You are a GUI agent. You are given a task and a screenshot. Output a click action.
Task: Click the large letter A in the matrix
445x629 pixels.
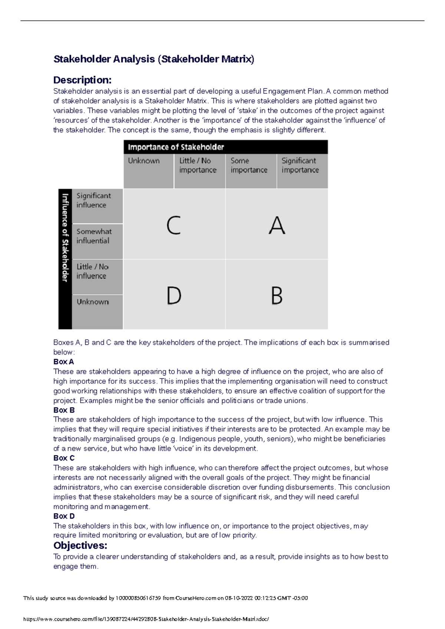pos(277,225)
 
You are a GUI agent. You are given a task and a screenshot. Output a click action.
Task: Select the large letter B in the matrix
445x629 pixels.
pos(277,296)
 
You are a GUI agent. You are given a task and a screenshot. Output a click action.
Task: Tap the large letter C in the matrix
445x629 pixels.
pos(174,225)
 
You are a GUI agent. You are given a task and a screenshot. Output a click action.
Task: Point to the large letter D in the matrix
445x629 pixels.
pos(174,296)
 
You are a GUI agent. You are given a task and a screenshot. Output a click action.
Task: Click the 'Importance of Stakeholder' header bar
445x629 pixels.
pos(225,147)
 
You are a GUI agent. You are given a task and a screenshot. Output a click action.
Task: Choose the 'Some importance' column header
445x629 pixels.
pos(249,165)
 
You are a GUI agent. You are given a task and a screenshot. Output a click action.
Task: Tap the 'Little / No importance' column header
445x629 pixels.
pos(198,165)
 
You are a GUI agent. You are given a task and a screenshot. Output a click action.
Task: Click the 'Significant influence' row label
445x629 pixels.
pos(93,200)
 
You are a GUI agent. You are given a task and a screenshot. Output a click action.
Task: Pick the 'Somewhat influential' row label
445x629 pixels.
pos(94,236)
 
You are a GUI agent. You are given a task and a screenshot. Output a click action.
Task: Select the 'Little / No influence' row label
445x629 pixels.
pos(92,271)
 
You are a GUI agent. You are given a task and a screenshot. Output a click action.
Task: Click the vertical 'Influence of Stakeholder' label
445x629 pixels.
pos(65,238)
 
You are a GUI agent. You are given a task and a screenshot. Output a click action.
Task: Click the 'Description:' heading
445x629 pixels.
pos(82,80)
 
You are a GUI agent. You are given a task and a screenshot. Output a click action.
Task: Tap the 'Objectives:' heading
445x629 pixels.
pos(80,545)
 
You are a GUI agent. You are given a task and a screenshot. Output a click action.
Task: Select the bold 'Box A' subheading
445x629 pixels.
pos(64,362)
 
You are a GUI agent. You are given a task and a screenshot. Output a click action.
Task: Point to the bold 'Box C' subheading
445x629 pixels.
pos(64,458)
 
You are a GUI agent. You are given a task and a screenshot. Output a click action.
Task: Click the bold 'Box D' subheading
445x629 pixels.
pos(64,516)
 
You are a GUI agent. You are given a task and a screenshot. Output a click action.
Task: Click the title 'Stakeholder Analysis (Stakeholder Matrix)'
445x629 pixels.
pos(154,59)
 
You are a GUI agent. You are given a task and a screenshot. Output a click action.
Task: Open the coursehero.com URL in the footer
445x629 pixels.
pos(146,619)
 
